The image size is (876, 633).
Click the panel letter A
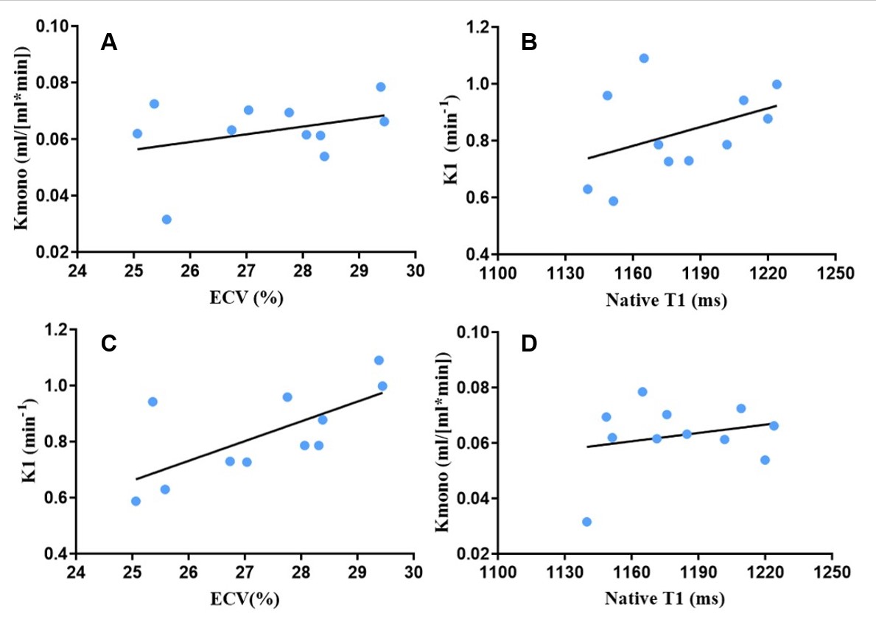(109, 43)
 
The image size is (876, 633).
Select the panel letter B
(529, 43)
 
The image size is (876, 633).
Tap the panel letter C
(109, 344)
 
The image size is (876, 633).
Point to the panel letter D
(529, 344)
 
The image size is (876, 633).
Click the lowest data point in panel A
(167, 220)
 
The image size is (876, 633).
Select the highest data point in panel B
(644, 58)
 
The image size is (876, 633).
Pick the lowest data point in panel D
(586, 522)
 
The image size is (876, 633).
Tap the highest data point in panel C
(379, 360)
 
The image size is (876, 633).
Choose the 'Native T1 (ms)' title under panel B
(666, 299)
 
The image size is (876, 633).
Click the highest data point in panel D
(642, 392)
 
